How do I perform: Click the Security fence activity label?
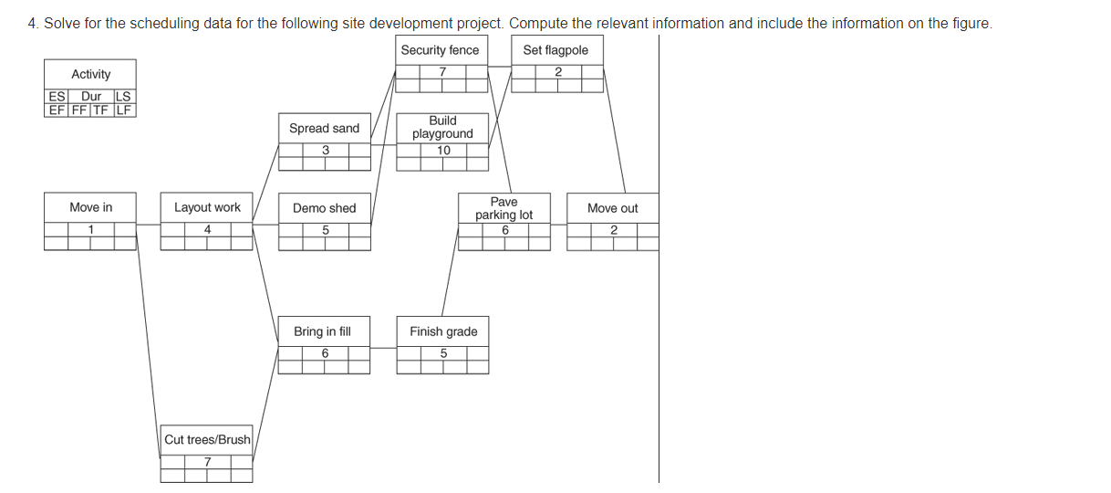pos(440,50)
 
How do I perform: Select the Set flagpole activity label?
pos(555,50)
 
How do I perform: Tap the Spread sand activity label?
pos(324,129)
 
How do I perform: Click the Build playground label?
pos(442,127)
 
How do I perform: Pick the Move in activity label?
pos(91,208)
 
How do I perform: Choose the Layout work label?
pos(207,208)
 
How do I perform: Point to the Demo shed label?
pos(324,208)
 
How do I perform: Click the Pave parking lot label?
pos(504,208)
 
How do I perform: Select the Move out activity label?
pos(613,208)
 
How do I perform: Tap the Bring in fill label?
pos(322,331)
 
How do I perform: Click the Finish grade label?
pos(443,331)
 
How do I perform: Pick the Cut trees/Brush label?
pos(207,440)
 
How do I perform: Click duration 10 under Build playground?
pos(443,151)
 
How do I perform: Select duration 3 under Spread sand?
pos(325,151)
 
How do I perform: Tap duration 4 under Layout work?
pos(208,229)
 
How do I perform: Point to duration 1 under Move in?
pos(91,229)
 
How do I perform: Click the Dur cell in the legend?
pos(91,97)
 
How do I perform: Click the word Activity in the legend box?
pos(91,75)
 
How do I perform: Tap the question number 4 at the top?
pos(33,23)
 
